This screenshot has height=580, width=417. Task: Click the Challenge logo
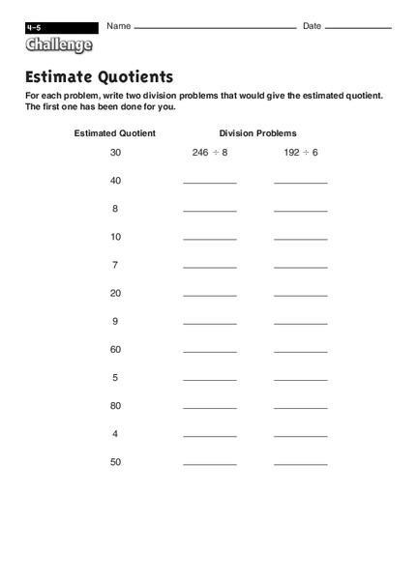60,44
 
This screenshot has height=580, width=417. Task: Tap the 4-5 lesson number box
62,27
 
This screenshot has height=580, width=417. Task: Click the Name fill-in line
215,28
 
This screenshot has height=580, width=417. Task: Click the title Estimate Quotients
99,76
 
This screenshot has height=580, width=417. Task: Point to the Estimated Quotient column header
115,132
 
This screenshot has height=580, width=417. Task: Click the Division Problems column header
257,132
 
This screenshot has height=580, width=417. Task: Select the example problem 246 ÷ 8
211,153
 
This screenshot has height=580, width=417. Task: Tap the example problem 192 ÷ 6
300,153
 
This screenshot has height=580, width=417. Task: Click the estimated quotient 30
115,153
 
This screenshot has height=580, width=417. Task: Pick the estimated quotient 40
115,181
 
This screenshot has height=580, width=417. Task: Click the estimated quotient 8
115,209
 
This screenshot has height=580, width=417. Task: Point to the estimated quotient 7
115,265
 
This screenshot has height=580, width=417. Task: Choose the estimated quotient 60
115,349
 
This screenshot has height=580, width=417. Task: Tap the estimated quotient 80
115,406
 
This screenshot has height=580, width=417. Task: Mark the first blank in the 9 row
210,322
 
